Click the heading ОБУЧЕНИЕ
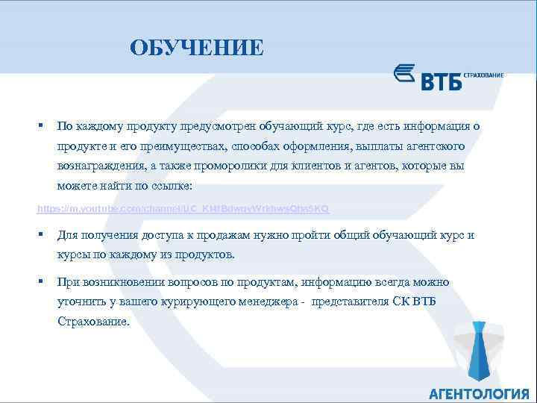196,49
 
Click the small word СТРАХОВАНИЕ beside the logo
483,75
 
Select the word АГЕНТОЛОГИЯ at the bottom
478,393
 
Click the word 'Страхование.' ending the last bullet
93,322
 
